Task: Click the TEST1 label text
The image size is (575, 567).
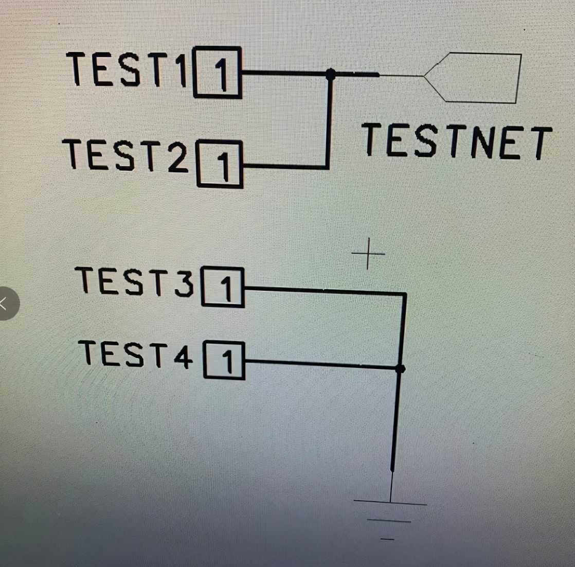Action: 128,69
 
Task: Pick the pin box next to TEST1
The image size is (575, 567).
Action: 218,72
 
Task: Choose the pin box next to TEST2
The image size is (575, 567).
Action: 220,164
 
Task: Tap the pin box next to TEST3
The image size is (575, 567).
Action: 223,287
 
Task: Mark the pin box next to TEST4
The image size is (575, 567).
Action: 224,361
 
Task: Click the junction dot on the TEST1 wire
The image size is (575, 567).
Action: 331,75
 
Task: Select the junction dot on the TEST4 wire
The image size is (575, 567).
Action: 400,368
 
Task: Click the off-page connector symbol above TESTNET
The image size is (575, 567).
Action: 478,77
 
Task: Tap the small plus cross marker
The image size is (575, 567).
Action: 368,254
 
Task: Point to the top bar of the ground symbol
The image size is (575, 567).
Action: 390,503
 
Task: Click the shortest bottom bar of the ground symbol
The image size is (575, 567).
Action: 387,539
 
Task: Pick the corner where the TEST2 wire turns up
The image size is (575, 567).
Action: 327,166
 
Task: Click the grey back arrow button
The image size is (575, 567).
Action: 6,304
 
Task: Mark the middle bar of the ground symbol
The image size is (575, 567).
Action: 389,521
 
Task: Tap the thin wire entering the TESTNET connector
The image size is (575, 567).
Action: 401,76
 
